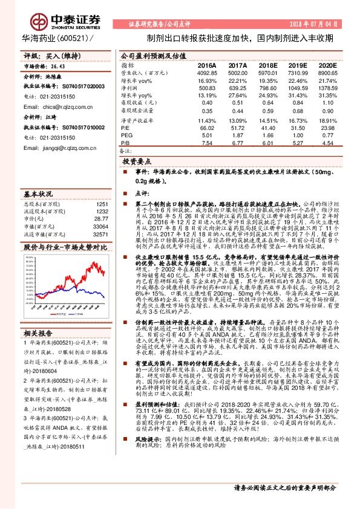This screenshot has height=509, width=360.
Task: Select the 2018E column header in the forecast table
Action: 267,65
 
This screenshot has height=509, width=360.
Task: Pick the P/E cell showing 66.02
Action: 207,128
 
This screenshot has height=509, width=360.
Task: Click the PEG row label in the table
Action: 126,136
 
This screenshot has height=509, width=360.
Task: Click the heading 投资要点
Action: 137,163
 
